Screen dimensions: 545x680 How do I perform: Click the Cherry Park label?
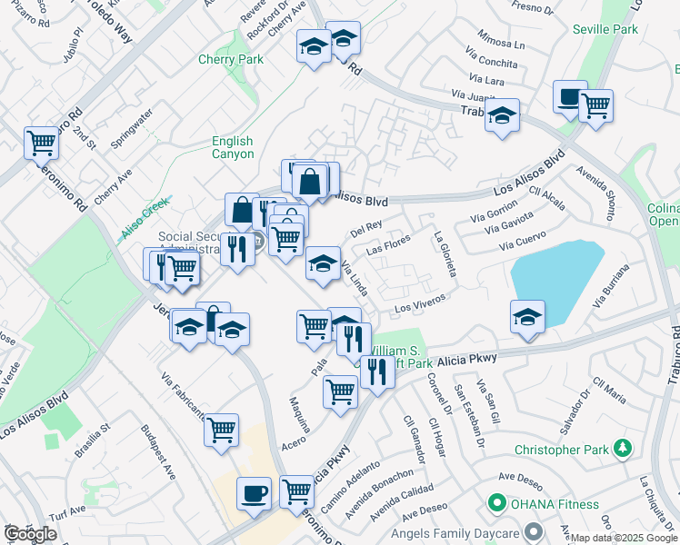point(231,60)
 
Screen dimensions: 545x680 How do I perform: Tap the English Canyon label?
point(233,147)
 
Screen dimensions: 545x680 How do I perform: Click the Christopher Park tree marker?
point(623,448)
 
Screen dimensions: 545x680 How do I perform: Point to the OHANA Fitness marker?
point(497,502)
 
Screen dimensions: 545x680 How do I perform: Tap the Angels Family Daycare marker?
point(534,530)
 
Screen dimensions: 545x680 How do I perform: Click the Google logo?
point(30,534)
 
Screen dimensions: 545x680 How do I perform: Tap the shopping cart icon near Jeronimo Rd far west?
point(41,142)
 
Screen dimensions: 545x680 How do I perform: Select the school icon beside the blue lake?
point(527,315)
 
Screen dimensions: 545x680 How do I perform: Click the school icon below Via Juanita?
point(501,114)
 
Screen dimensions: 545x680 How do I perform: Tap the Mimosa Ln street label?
point(501,44)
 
